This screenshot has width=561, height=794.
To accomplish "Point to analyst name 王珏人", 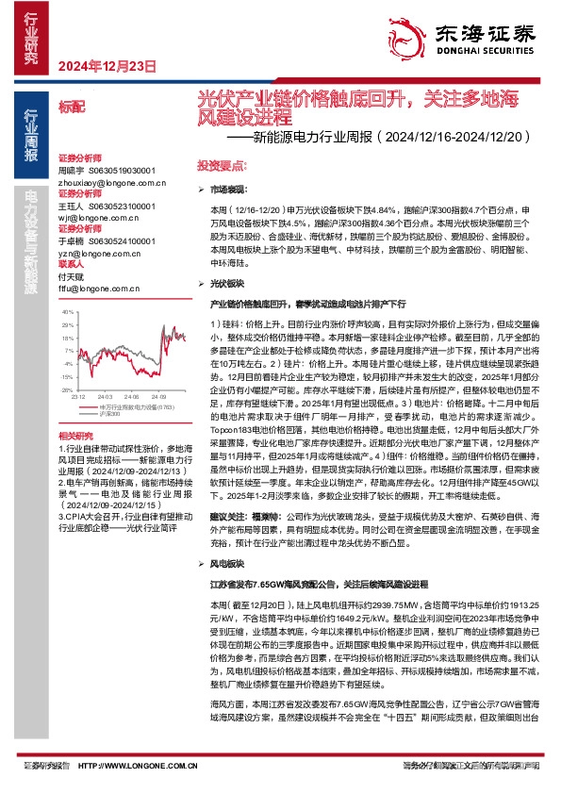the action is (x=72, y=205).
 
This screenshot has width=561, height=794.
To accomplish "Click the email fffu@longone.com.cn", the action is (x=91, y=276).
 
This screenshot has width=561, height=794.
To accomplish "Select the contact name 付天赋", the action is (x=72, y=265).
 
